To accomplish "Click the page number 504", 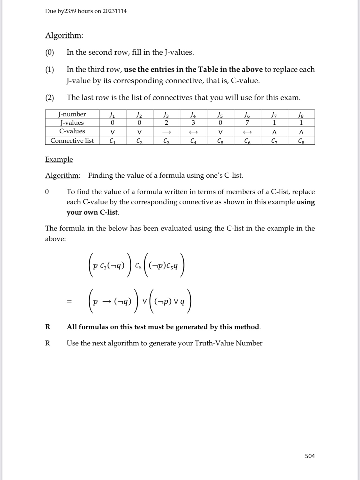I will pos(310,456).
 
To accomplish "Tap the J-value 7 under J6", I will pos(247,123).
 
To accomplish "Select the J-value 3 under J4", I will pos(193,123).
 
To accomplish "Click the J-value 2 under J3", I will pos(166,123).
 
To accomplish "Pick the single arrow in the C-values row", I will pos(166,132).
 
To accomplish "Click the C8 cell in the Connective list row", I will pos(301,141).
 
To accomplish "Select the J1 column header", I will pos(112,114).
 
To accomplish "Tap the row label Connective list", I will pos(72,141).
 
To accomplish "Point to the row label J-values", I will pos(72,123).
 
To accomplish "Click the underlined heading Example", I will pos(59,159).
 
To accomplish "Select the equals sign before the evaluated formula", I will pos(69,302).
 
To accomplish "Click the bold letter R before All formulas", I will pos(48,327).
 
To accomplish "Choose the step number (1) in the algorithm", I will pos(49,70).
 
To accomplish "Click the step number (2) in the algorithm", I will pos(49,98).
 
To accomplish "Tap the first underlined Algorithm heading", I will pos(64,35).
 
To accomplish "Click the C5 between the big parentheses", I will pos(138,266).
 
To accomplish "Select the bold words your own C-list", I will pos(92,212).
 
